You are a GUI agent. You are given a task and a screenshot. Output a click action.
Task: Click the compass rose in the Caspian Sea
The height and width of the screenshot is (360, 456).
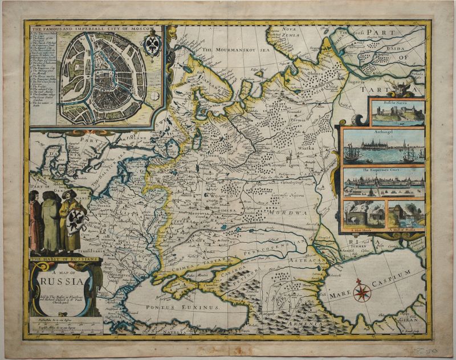coord(361,292)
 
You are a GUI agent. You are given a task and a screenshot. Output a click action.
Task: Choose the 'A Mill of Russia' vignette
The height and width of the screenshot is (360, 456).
coord(405,215)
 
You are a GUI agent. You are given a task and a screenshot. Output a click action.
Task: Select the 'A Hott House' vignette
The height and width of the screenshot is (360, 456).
coord(364,215)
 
